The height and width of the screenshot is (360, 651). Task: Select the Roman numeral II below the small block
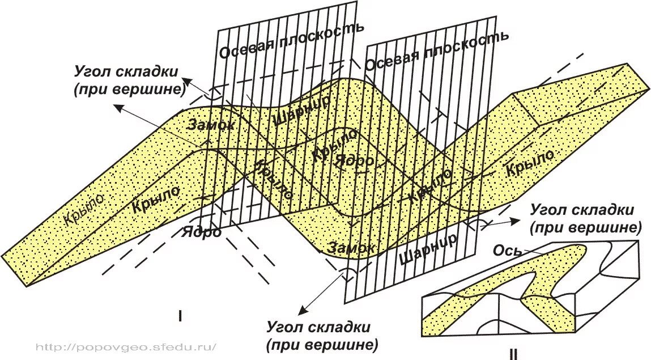point(513,355)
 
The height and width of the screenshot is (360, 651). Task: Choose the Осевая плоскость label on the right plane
point(436,50)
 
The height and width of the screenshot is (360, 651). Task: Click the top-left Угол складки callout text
point(126,81)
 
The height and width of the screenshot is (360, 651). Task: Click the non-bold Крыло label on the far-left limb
point(86,210)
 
